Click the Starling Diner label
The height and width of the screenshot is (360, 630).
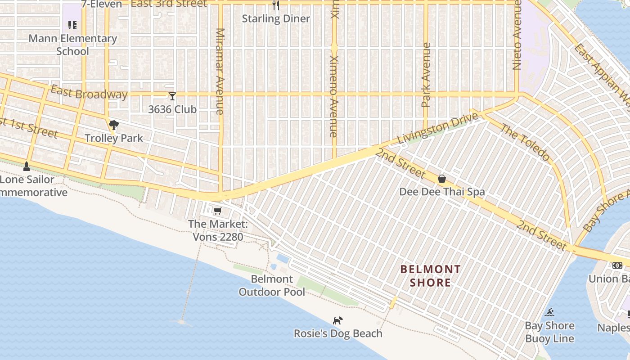tap(276, 18)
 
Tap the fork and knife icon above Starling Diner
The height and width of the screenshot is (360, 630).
tap(276, 5)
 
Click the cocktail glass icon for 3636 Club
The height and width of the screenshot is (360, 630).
tap(172, 96)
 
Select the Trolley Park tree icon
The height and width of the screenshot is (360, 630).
tap(113, 125)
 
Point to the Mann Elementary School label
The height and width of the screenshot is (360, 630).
tap(72, 45)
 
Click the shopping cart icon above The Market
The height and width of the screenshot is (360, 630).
tap(218, 211)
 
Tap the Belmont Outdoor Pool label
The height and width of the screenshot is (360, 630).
tap(272, 285)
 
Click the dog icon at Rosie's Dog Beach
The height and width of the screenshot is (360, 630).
tap(337, 320)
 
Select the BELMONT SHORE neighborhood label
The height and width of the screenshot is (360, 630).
tap(431, 276)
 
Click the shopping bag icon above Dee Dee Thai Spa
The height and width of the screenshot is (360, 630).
tap(442, 179)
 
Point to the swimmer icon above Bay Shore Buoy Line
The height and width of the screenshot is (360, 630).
tap(549, 312)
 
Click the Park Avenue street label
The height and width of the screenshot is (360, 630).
tap(426, 75)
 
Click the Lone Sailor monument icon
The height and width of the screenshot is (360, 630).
tap(27, 166)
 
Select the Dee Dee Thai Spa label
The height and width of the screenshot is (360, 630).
tap(442, 192)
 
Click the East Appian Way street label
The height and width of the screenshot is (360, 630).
tap(603, 72)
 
